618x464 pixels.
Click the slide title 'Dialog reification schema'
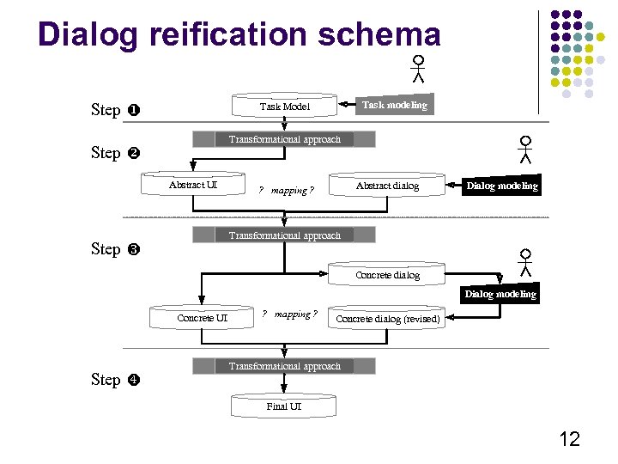pos(239,34)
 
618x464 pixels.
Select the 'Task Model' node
pos(284,107)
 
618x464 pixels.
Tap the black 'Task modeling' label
pos(394,105)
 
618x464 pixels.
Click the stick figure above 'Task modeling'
pos(418,69)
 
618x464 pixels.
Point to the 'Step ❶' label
pos(117,110)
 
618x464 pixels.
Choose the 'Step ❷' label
pos(117,153)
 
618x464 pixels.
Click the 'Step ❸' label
pos(117,249)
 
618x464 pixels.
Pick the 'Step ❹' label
pos(117,380)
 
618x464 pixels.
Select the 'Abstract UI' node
pos(193,185)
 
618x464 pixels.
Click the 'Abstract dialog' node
pos(387,186)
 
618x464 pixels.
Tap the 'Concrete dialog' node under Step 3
pos(387,275)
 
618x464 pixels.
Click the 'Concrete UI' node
pos(202,318)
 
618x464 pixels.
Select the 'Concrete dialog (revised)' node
pos(387,319)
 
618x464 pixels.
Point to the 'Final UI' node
pos(283,406)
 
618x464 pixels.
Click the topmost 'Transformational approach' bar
pos(284,139)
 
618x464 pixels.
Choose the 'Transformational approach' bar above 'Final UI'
pos(284,366)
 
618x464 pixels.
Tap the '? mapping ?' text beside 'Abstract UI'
pos(286,190)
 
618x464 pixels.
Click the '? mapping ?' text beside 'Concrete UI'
pos(289,314)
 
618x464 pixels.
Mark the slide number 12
pos(569,440)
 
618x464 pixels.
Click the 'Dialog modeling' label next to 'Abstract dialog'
pos(501,186)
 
